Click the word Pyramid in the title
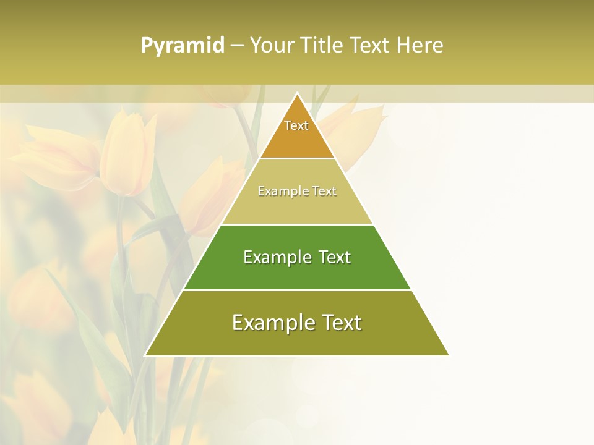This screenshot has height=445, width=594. (x=183, y=46)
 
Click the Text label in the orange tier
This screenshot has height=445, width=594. (x=296, y=125)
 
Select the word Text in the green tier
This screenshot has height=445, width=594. (x=336, y=257)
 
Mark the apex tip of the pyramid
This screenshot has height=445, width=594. (x=297, y=94)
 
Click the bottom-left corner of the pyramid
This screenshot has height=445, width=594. (x=146, y=355)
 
